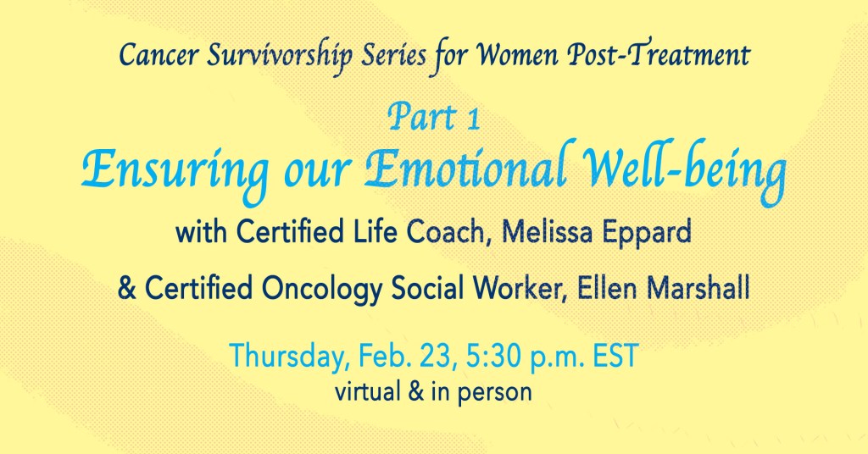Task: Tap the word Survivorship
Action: point(280,57)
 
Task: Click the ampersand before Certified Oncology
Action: point(127,289)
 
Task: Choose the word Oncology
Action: point(321,290)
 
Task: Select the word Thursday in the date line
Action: point(290,357)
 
